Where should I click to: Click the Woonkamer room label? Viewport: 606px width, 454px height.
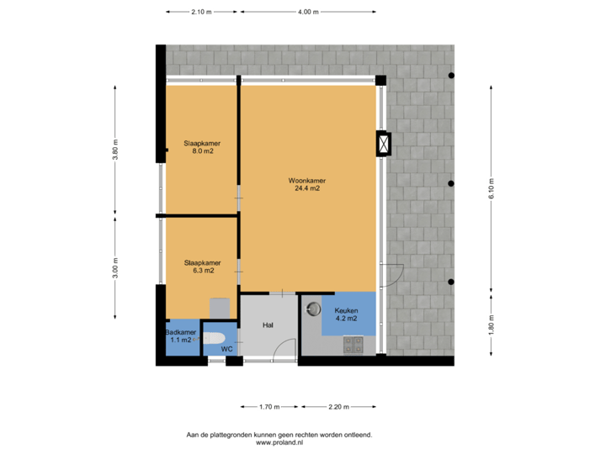click(307, 181)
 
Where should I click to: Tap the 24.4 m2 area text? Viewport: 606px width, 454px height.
click(307, 189)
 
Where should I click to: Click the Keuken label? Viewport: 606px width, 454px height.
click(347, 310)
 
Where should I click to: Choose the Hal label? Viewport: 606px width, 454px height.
click(268, 325)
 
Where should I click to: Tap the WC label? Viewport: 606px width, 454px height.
click(226, 348)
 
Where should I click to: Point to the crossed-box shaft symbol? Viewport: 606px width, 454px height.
click(384, 145)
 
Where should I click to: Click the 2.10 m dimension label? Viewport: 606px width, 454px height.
click(202, 12)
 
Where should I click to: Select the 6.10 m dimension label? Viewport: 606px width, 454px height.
click(492, 193)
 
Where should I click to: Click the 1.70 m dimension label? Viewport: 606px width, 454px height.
click(268, 407)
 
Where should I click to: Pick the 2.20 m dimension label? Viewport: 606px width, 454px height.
click(338, 407)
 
